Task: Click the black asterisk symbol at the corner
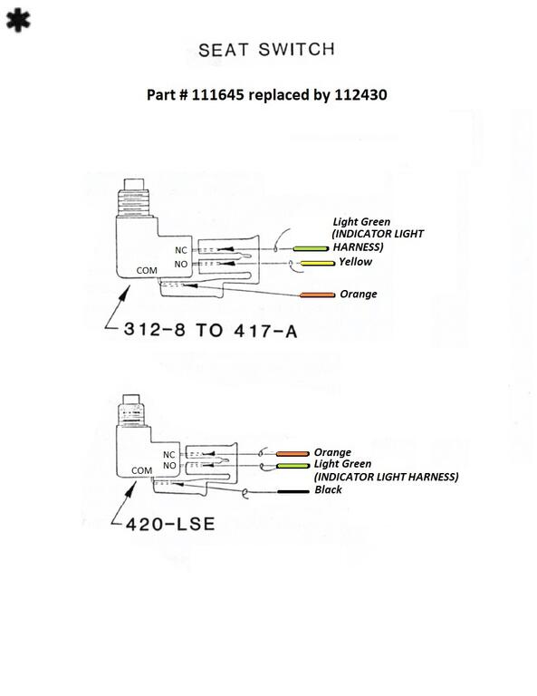point(18,22)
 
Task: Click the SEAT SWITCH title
point(266,50)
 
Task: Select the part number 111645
point(217,94)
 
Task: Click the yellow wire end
point(318,263)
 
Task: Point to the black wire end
point(293,491)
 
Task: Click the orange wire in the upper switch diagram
point(317,295)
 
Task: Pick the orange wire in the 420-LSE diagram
point(292,454)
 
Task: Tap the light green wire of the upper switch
point(311,248)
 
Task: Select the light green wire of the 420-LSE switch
point(292,466)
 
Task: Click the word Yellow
point(355,262)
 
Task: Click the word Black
point(328,489)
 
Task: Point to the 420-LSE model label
point(170,524)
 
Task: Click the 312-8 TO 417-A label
point(210,330)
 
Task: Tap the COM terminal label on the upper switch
point(147,270)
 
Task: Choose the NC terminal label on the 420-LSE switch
point(169,455)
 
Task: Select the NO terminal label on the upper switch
point(181,264)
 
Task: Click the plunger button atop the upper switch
point(134,184)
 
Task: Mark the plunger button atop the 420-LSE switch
point(130,399)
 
